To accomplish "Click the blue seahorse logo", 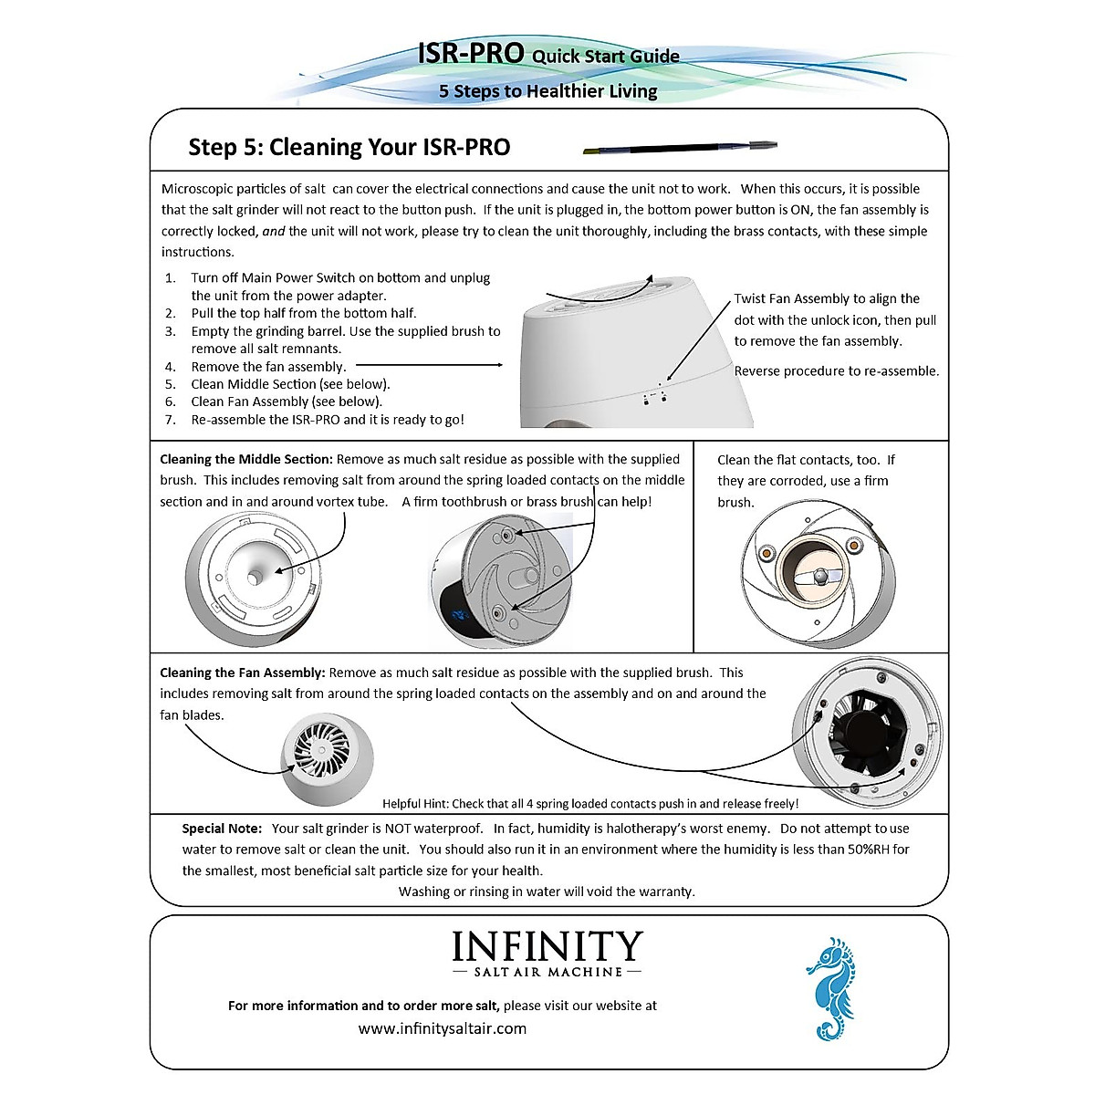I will coord(830,987).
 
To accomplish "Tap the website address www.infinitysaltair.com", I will coord(443,1028).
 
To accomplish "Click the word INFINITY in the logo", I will coord(547,946).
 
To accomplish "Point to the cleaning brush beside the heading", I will coord(680,147).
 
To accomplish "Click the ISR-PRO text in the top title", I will coord(470,53).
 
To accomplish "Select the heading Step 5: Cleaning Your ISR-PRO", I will coord(349,147).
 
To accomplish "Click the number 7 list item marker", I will coord(170,420).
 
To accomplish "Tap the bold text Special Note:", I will coord(222,829).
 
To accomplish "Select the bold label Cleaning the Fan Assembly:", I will coord(242,673).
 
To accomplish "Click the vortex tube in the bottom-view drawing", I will coord(256,577).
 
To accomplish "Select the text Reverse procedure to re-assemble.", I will coord(836,370).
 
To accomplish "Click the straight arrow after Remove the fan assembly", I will coord(429,365).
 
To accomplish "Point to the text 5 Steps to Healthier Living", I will coord(547,91).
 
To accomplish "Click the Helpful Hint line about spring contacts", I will coord(589,804).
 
